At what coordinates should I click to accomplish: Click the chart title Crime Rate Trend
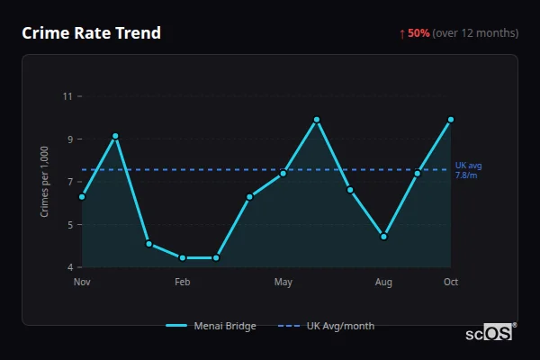(x=91, y=33)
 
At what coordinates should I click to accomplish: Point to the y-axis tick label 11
(x=67, y=95)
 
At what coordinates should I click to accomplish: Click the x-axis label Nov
(x=82, y=283)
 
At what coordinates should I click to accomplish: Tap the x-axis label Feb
(x=183, y=283)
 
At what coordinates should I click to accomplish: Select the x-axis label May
(x=283, y=283)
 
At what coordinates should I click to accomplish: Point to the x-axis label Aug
(x=383, y=283)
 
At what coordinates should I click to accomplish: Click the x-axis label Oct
(x=451, y=283)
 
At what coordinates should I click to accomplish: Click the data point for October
(x=451, y=119)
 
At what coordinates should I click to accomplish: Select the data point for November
(x=82, y=196)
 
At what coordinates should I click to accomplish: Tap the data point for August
(x=383, y=237)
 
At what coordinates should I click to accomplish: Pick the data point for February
(x=183, y=258)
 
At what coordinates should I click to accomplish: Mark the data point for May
(x=283, y=173)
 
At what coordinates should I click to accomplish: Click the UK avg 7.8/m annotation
(x=468, y=170)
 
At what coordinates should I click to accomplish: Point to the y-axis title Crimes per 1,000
(x=45, y=182)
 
